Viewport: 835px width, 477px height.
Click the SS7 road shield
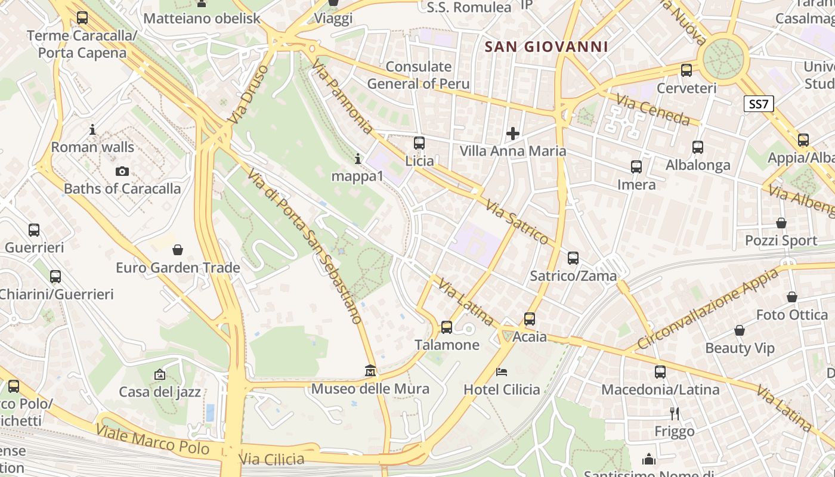759,104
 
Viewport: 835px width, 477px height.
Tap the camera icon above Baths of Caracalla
122,172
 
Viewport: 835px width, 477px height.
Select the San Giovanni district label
546,47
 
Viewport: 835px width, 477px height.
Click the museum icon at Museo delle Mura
370,371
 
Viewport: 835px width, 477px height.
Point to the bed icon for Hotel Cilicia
502,372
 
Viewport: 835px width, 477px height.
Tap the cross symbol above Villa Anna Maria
512,134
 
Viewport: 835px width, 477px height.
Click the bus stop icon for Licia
419,143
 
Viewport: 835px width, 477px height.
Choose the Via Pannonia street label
342,98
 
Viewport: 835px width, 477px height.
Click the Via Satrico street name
517,222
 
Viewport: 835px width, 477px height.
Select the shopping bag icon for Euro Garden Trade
177,249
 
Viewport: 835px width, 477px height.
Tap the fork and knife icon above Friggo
675,413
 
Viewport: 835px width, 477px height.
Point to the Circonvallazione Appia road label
708,309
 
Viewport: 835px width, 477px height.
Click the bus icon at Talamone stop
447,327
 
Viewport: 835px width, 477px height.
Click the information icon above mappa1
358,159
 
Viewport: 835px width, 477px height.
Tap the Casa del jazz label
160,392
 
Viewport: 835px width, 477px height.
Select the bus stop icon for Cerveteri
686,70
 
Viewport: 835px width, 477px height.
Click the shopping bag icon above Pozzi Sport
781,223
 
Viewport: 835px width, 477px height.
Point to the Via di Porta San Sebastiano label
305,245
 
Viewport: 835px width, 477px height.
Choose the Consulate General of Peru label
418,75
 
